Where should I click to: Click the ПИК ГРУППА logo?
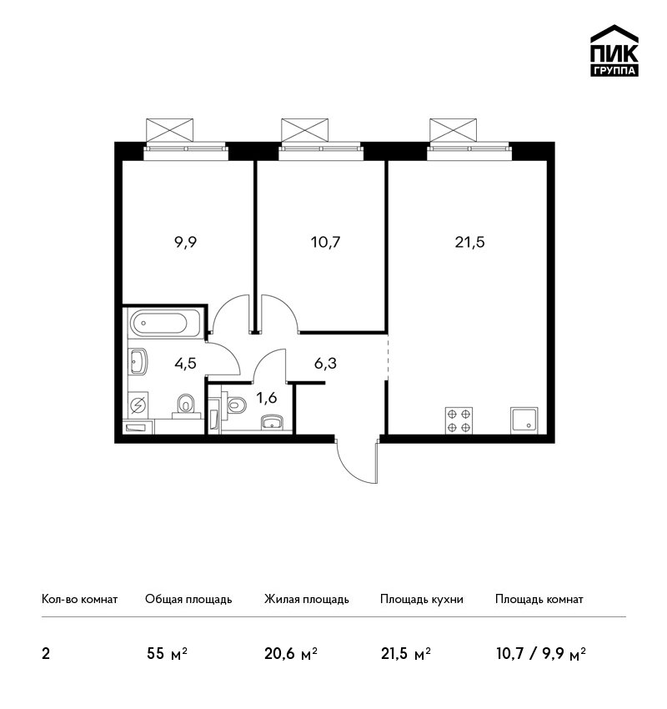614,50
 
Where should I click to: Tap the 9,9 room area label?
185,243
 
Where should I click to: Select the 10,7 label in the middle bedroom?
325,243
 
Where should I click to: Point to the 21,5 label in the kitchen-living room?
469,243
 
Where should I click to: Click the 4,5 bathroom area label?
185,363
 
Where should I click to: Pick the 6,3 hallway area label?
325,363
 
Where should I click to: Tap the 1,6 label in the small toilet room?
267,398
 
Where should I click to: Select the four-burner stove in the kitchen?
459,420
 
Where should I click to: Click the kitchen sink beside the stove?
524,420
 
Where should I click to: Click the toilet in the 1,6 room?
235,404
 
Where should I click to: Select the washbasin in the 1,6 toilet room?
272,421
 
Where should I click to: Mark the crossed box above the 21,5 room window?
453,130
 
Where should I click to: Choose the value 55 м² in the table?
167,654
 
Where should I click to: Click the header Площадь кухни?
422,599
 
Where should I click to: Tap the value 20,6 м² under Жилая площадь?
291,654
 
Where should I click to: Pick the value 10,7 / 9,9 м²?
541,654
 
